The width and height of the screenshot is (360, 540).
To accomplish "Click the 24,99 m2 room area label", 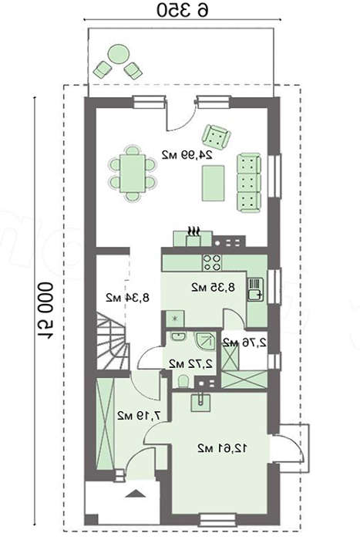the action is pyautogui.click(x=187, y=155).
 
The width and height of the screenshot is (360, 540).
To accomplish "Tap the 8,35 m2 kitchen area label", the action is pyautogui.click(x=214, y=287).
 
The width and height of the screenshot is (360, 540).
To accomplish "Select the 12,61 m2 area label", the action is pyautogui.click(x=222, y=448).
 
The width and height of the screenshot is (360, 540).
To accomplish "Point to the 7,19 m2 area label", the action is pyautogui.click(x=139, y=416).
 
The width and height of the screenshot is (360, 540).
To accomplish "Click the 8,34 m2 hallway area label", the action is pyautogui.click(x=127, y=297).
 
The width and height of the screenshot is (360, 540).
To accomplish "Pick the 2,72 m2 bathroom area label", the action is pyautogui.click(x=190, y=363).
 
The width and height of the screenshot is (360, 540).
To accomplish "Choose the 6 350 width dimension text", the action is pyautogui.click(x=183, y=10).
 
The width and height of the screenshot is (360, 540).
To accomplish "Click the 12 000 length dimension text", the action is pyautogui.click(x=45, y=311).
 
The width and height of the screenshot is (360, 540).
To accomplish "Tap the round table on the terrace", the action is pyautogui.click(x=119, y=55).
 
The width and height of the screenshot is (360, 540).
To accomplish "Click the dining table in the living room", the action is pyautogui.click(x=132, y=174).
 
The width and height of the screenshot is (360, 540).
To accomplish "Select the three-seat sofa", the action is pyautogui.click(x=249, y=183).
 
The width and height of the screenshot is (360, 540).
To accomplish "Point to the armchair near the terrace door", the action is pyautogui.click(x=216, y=135).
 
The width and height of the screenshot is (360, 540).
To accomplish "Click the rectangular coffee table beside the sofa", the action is pyautogui.click(x=214, y=183).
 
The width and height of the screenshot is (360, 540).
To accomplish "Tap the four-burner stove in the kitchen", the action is pyautogui.click(x=212, y=262).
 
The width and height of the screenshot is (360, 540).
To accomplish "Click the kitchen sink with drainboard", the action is pyautogui.click(x=255, y=289).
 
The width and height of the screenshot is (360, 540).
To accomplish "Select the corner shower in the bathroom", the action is pyautogui.click(x=206, y=341).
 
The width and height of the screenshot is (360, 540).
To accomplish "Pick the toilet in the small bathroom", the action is pyautogui.click(x=183, y=382).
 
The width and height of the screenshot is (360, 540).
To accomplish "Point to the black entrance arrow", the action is pyautogui.click(x=135, y=494).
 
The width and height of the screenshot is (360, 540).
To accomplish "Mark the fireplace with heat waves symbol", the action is pyautogui.click(x=193, y=236).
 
